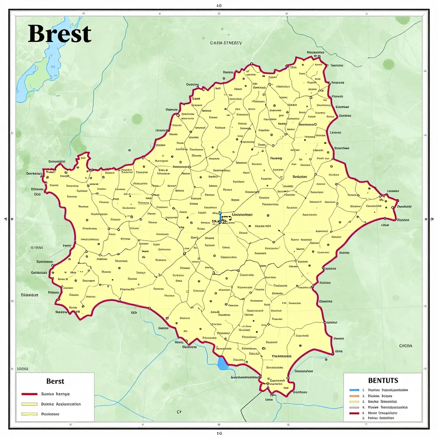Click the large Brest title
point(59,34)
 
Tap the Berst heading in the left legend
point(55,381)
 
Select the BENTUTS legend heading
point(383,380)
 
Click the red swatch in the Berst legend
point(30,394)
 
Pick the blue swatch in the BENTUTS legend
point(354,390)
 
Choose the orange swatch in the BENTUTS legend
point(354,396)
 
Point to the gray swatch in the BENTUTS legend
point(354,408)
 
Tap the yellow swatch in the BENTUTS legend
point(354,402)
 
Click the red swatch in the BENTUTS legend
point(354,413)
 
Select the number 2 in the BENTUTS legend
point(363,396)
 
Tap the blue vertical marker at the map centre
point(220,217)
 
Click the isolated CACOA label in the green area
point(405,346)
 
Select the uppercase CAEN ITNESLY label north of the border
point(226,43)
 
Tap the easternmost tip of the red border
point(397,201)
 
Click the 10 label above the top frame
point(219,6)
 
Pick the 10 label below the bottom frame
point(219,433)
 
